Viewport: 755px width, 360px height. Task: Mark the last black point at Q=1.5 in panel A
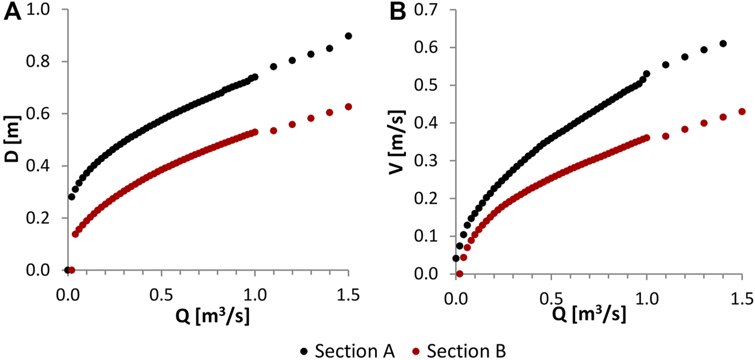[x=349, y=36]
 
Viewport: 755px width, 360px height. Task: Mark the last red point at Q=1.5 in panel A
[x=349, y=107]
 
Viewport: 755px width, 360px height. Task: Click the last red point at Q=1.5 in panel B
[x=742, y=112]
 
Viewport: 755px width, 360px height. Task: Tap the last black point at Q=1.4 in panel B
[x=723, y=43]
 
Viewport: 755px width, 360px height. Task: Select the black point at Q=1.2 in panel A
[x=292, y=60]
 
